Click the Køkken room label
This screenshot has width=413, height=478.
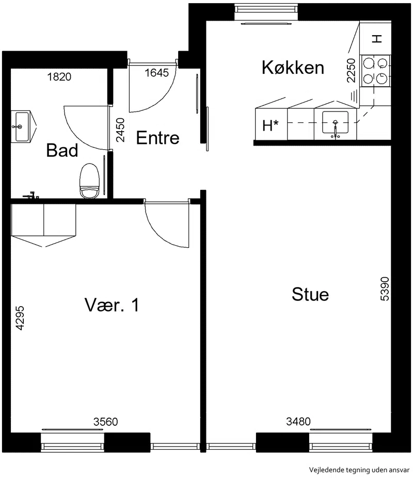[x=293, y=68]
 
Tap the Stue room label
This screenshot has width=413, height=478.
[x=310, y=294]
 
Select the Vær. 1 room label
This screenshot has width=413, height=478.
[x=112, y=305]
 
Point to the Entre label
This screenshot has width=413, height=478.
[x=157, y=138]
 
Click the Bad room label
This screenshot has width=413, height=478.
[x=62, y=150]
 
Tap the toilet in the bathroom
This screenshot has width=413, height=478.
[x=90, y=181]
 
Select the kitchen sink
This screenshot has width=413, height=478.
[x=335, y=122]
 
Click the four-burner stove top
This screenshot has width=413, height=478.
[x=375, y=71]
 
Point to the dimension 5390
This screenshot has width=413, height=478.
[x=385, y=289]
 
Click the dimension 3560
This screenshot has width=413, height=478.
[x=105, y=422]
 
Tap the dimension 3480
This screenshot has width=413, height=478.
[x=298, y=422]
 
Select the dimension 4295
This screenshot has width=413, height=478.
[x=20, y=318]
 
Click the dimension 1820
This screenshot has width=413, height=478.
[x=59, y=77]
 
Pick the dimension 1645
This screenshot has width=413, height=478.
[x=156, y=73]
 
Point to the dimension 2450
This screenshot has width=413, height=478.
[x=120, y=130]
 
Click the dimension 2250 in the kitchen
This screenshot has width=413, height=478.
[x=351, y=70]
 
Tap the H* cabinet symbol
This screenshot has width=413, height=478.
[x=271, y=125]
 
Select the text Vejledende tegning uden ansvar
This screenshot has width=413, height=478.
[x=359, y=470]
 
